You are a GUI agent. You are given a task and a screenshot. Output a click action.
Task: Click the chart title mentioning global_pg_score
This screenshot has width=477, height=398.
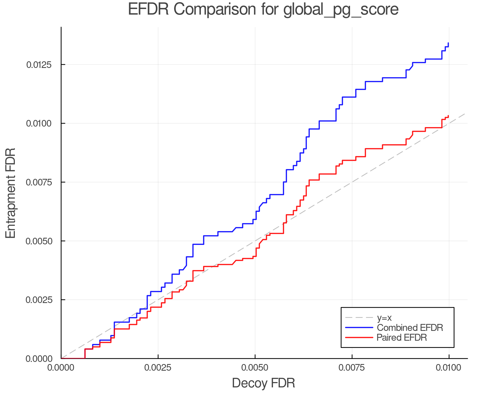263,10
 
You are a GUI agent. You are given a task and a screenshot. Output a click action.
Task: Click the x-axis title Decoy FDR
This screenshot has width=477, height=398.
263,383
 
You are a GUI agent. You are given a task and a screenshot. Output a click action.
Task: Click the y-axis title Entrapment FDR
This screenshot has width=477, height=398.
11,193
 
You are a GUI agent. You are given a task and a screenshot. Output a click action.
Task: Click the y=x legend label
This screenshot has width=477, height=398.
384,318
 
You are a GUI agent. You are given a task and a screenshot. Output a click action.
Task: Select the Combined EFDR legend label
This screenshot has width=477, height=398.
410,328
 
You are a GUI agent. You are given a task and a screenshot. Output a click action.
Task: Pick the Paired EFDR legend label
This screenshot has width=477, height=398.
402,338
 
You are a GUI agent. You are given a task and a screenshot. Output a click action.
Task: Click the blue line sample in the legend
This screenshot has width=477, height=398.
359,328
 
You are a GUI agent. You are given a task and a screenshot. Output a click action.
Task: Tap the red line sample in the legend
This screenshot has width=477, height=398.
359,338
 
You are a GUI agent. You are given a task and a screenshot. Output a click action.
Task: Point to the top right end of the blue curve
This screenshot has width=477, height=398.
448,43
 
